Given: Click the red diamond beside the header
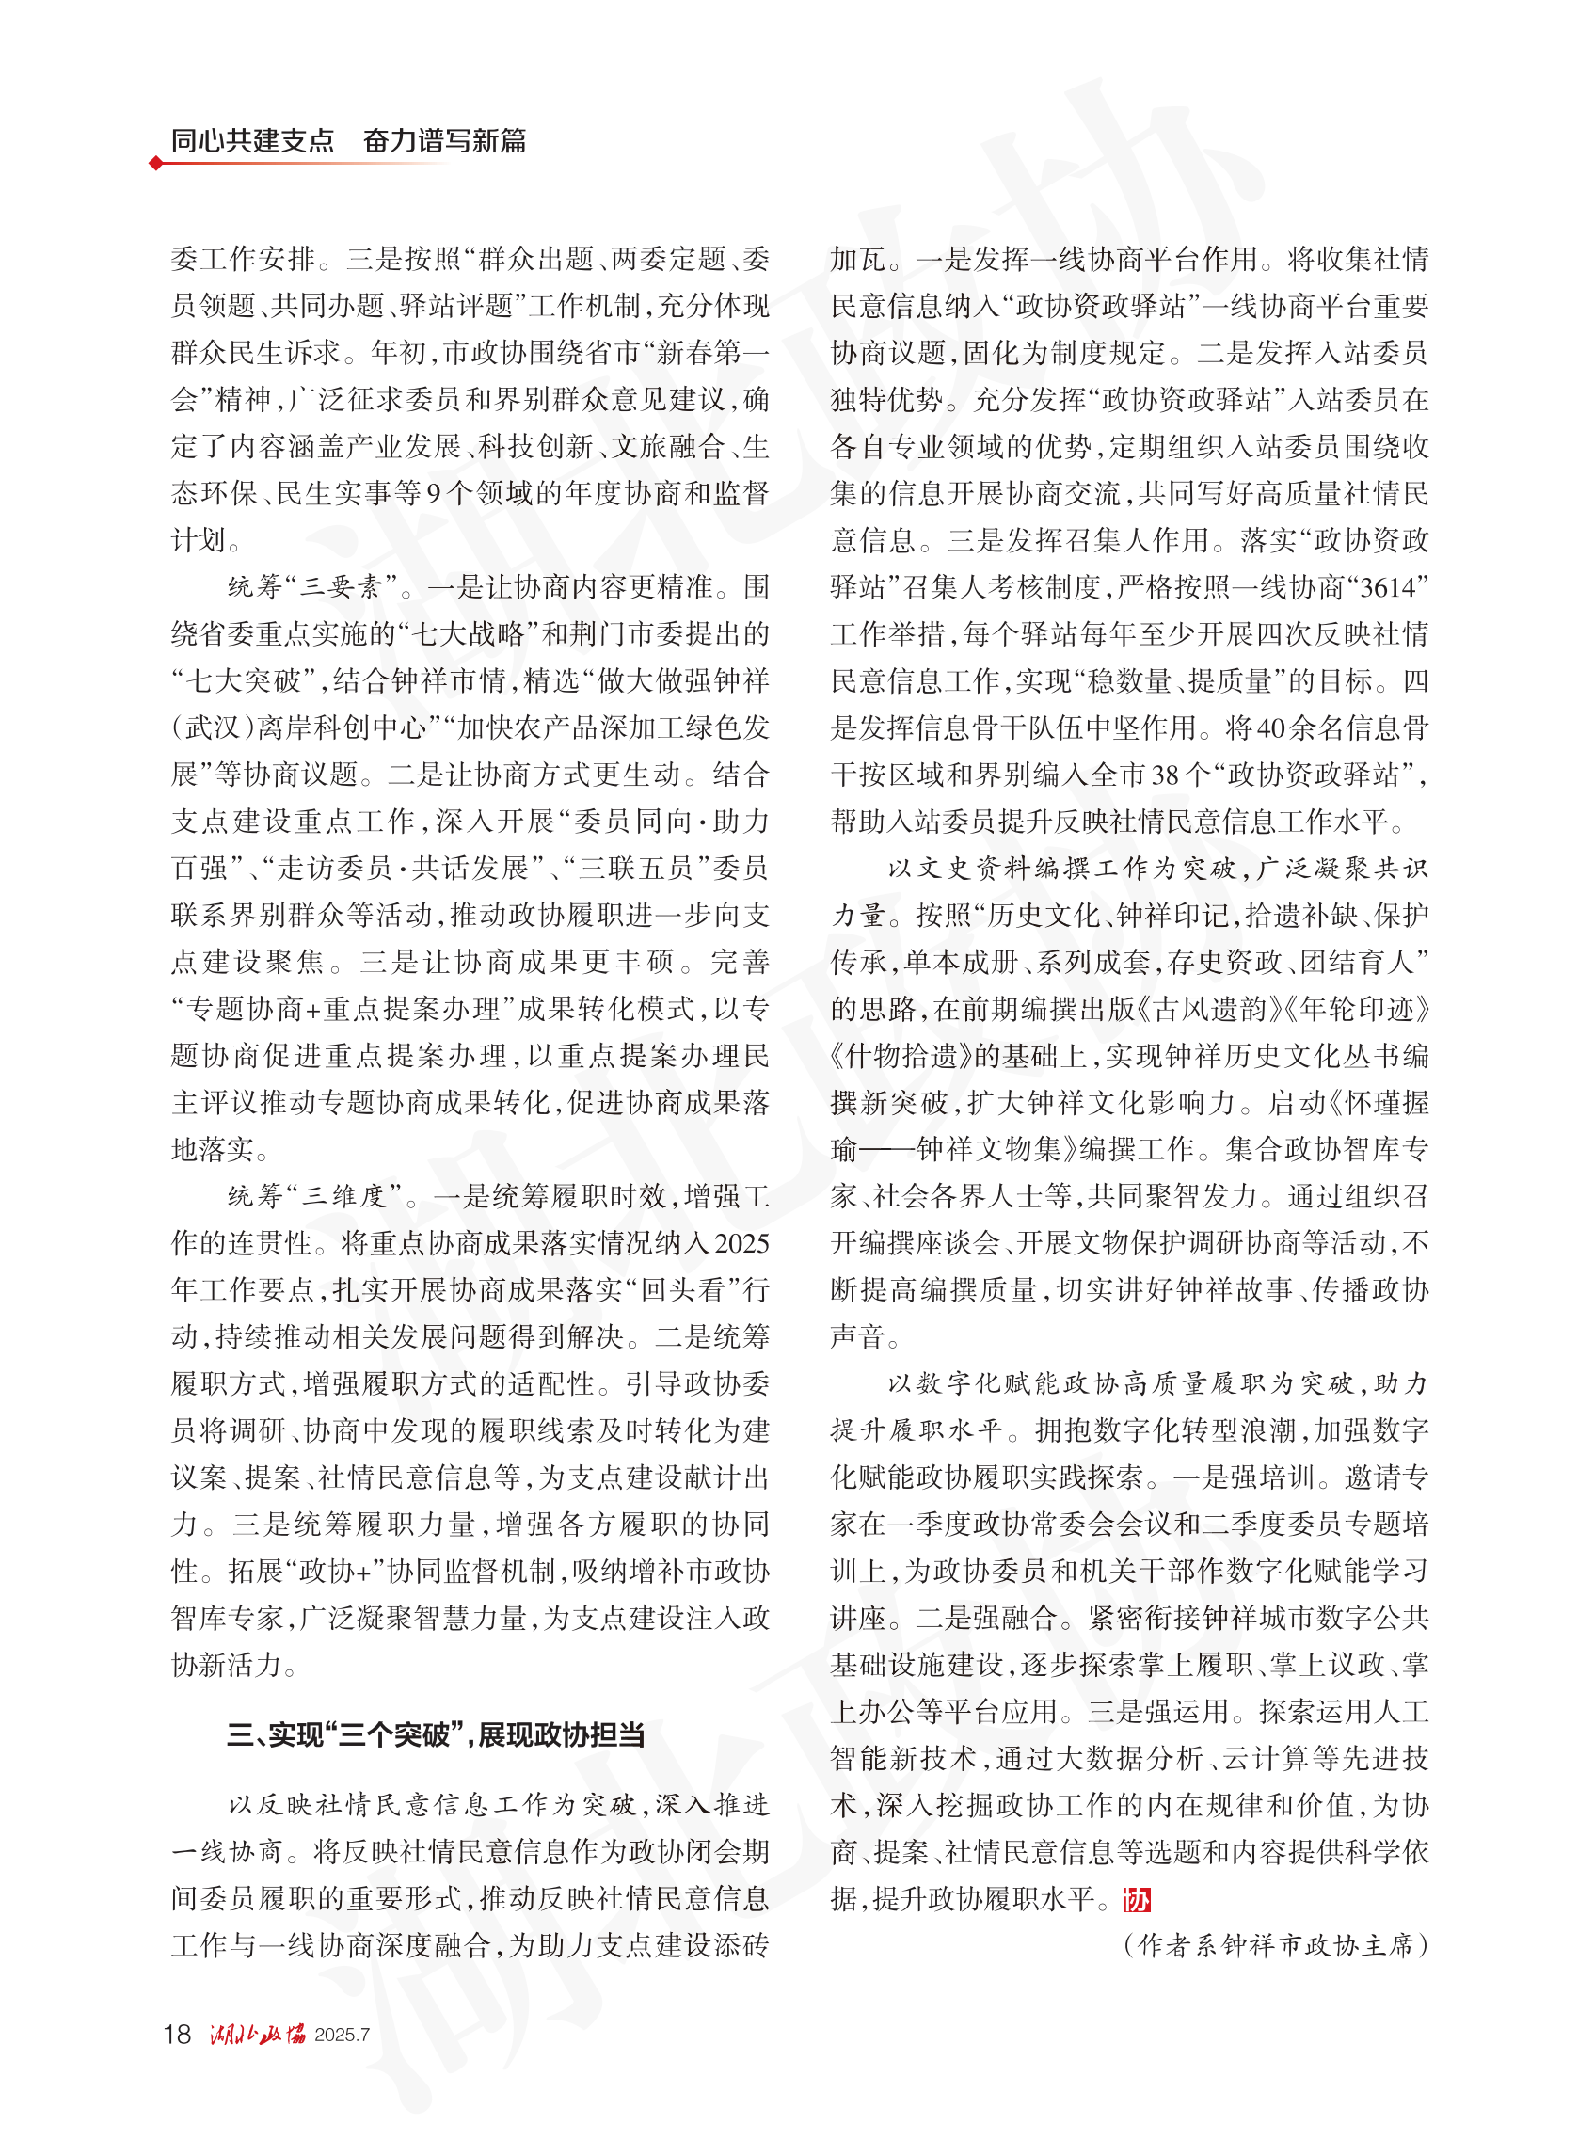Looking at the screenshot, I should [156, 164].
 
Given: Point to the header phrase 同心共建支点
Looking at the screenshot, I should [252, 140].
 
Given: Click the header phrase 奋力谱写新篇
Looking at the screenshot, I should [444, 140].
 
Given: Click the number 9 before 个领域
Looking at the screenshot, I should [434, 494].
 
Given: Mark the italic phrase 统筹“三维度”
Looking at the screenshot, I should [314, 1197].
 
